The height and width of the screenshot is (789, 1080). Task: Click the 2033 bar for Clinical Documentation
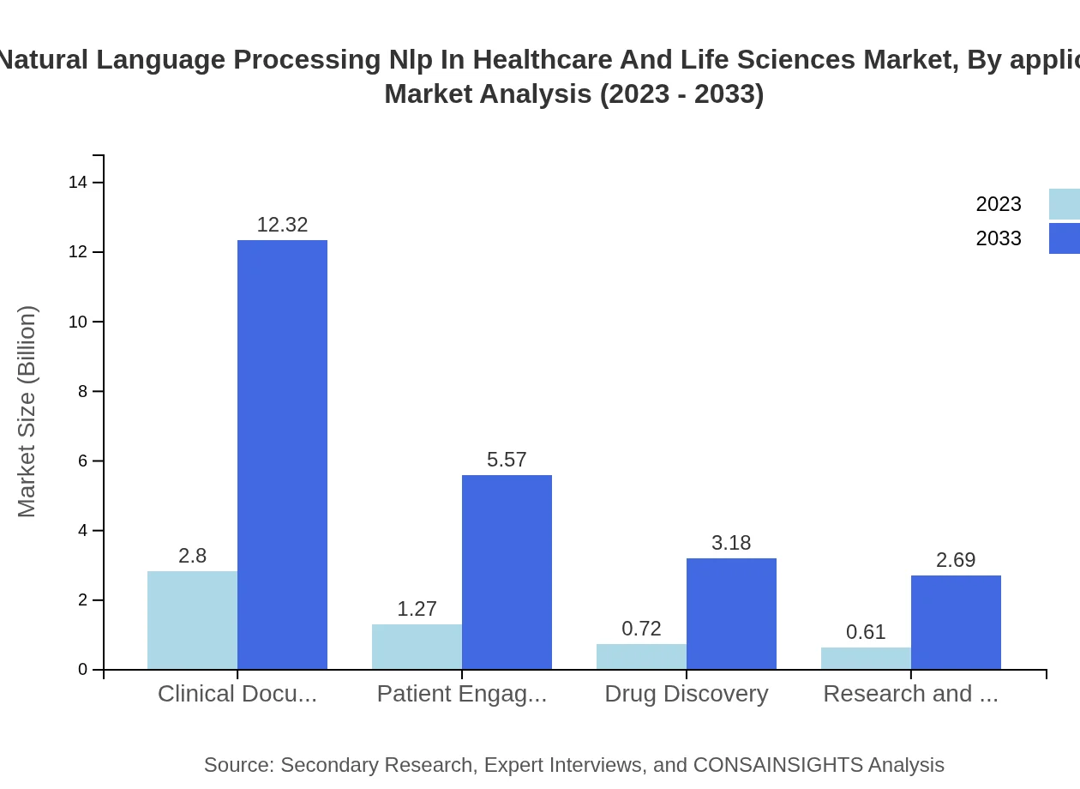coord(282,455)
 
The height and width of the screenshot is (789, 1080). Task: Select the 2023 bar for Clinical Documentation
coord(192,620)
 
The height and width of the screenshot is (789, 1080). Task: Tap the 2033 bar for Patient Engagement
coord(507,572)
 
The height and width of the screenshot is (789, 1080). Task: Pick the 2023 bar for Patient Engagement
coord(417,647)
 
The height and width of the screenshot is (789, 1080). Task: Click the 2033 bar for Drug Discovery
coord(731,614)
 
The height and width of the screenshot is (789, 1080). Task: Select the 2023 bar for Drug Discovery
coord(641,656)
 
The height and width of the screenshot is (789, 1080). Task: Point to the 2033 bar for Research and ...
coord(956,623)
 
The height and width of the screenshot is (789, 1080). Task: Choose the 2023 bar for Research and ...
coord(866,658)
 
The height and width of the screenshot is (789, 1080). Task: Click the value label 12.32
coord(282,225)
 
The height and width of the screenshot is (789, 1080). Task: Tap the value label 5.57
coord(507,460)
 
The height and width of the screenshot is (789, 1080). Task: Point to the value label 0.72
coord(641,629)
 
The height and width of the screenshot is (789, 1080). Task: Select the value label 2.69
coord(956,560)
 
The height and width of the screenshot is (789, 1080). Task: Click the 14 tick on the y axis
coord(78,183)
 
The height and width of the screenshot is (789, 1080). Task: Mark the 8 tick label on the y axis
coord(82,391)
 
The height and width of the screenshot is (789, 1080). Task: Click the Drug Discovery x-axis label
coord(686,694)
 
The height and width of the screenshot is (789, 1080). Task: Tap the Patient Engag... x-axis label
coord(462,694)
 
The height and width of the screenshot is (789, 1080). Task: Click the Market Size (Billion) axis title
coord(27,412)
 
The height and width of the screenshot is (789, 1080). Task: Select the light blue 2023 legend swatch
coord(1064,204)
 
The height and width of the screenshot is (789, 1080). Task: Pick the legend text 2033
coord(999,238)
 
